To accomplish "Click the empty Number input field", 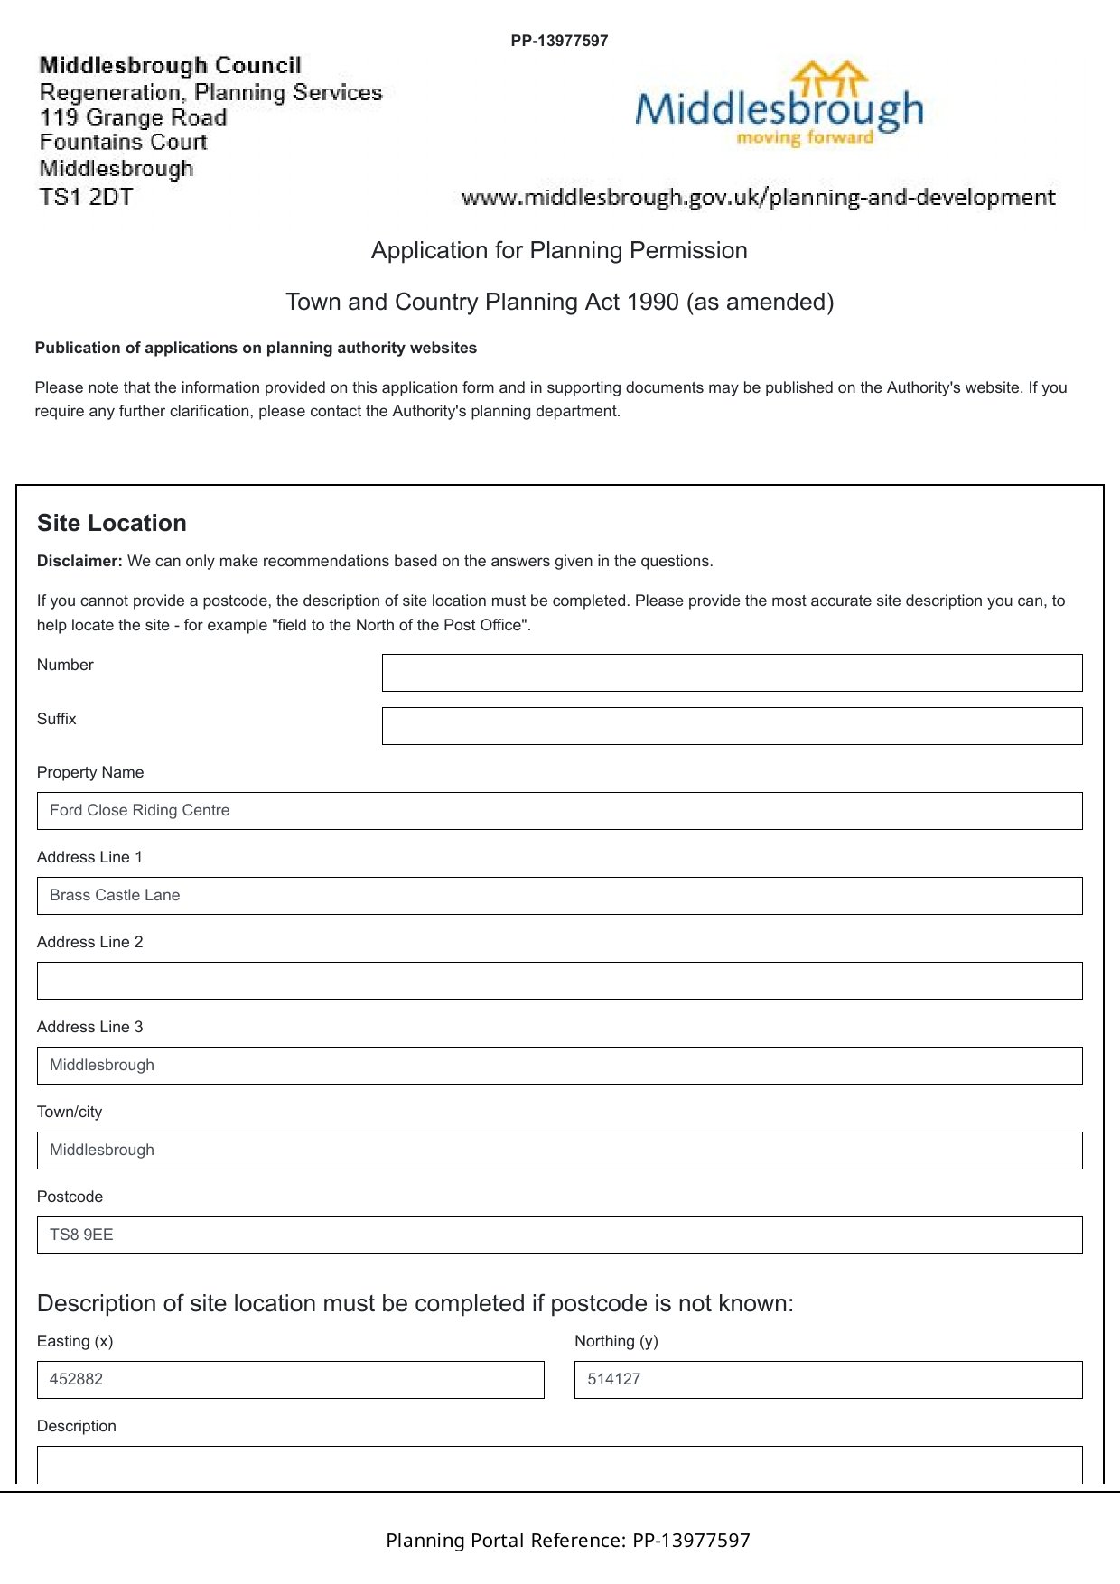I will pos(732,673).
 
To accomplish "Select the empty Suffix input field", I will pos(732,726).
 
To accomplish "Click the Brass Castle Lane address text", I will pos(115,896).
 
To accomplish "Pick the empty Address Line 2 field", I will pos(559,981).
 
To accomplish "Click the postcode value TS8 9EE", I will pos(81,1235).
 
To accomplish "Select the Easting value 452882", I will pos(76,1380).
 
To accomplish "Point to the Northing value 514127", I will pos(614,1380).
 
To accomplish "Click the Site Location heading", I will pos(112,524).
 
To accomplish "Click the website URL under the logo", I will pos(758,198).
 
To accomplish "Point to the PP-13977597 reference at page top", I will pos(559,41).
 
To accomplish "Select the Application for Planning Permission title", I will pos(559,251).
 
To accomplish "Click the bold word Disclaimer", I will pos(79,562).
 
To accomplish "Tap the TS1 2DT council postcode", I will pos(86,197).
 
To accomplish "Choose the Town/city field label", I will pos(70,1113).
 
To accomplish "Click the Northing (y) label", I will pos(616,1342).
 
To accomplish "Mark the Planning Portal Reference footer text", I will pos(568,1541).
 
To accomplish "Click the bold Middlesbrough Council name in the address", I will pos(170,66).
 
